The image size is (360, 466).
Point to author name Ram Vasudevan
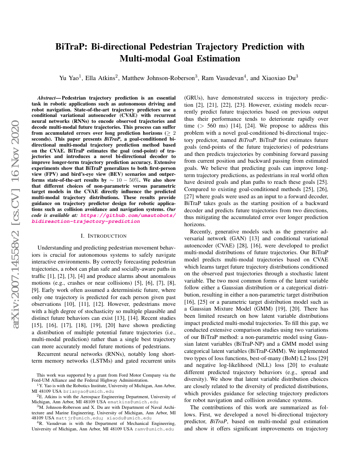pos(223,78)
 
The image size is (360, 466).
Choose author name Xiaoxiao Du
pos(278,78)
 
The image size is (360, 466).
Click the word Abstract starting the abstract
pos(48,97)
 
